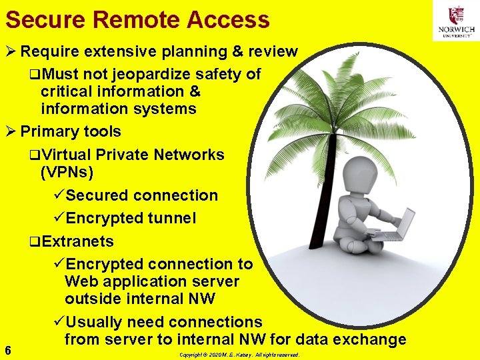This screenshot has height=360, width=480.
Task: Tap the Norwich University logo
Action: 456,21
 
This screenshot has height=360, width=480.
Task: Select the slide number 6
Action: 7,349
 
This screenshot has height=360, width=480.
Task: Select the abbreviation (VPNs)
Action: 67,173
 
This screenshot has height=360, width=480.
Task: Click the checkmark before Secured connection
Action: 59,195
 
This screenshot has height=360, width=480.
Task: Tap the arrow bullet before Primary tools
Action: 11,131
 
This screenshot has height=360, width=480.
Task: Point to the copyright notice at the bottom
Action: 239,355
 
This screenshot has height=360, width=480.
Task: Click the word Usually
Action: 93,322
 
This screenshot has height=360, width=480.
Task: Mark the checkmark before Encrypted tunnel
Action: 59,218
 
